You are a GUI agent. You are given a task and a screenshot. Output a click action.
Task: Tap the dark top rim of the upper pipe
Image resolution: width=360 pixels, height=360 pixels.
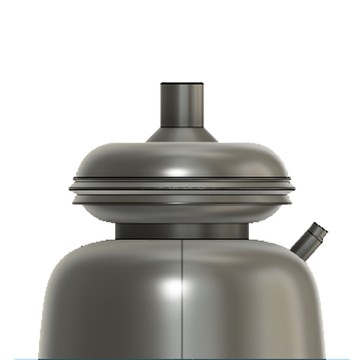click(181, 85)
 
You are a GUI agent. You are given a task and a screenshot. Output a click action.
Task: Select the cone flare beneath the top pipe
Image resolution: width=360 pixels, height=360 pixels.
click(181, 135)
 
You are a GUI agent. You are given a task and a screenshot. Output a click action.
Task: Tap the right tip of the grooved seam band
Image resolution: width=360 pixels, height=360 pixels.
click(293, 186)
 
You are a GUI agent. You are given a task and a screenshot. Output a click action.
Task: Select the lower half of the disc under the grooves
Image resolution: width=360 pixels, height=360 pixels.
click(181, 209)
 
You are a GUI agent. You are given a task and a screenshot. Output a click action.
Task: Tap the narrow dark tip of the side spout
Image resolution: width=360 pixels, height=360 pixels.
click(320, 230)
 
